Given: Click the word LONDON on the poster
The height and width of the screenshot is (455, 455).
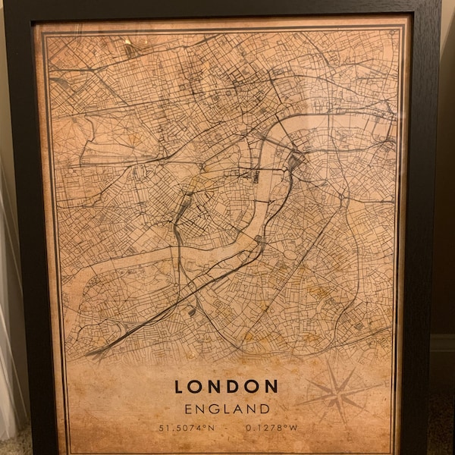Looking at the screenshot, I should pyautogui.click(x=227, y=387).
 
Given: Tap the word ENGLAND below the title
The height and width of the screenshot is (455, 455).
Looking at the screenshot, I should pyautogui.click(x=227, y=409).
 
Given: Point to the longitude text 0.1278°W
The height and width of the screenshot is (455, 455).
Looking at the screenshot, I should pyautogui.click(x=271, y=428).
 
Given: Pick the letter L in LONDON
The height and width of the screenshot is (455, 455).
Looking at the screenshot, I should pyautogui.click(x=179, y=387).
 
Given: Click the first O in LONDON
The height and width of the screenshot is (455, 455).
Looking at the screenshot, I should pyautogui.click(x=196, y=387).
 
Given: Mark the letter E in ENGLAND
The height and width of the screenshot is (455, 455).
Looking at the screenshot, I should pyautogui.click(x=189, y=409).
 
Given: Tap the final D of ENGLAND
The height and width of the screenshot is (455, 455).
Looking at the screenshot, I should pyautogui.click(x=265, y=409).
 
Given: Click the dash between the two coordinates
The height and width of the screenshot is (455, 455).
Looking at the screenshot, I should pyautogui.click(x=228, y=428).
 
